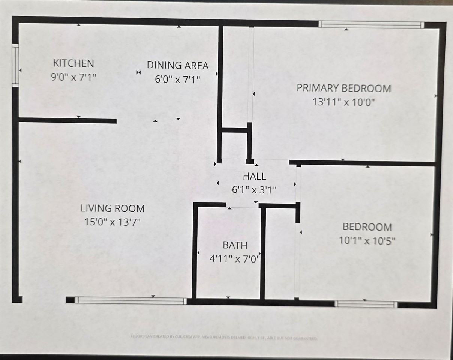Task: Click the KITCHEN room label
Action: coord(73,63)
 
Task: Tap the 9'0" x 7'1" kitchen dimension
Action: coord(74,78)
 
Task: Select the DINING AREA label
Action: coord(177,65)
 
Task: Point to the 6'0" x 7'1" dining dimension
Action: coord(177,79)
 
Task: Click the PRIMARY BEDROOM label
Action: coord(344,88)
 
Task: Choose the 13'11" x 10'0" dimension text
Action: coord(344,102)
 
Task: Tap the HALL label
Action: coord(254,176)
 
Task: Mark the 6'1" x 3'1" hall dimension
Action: coord(254,190)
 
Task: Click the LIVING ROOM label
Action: coord(112,208)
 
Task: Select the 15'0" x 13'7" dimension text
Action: coord(112,222)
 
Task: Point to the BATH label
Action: coord(235,245)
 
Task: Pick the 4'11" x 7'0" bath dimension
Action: coord(235,259)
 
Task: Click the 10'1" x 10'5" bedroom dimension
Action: coord(367,240)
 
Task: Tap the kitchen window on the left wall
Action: coord(15,65)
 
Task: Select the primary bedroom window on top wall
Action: coord(371,25)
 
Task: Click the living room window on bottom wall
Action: coord(130,300)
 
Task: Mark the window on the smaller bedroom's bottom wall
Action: coord(366,304)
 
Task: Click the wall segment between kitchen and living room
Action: coord(67,120)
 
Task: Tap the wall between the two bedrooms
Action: coord(362,163)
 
